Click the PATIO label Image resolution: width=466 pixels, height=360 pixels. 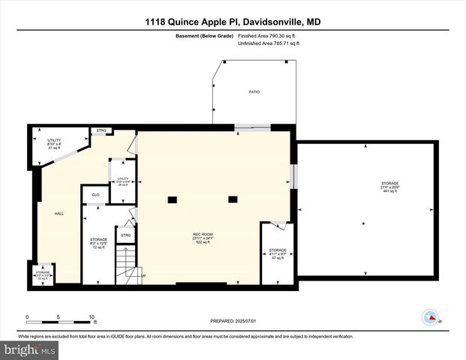click(254, 91)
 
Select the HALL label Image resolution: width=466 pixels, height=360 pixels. click(59, 214)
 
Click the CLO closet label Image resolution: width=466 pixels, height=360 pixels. click(95, 195)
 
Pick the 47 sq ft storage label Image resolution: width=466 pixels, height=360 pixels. click(278, 253)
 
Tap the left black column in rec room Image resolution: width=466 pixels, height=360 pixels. click(172, 199)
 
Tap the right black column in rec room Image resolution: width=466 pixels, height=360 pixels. click(233, 199)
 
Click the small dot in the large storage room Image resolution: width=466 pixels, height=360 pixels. click(364, 223)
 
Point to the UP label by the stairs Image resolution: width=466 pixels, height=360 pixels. click(143, 276)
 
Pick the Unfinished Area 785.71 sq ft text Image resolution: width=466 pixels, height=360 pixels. click(268, 43)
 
